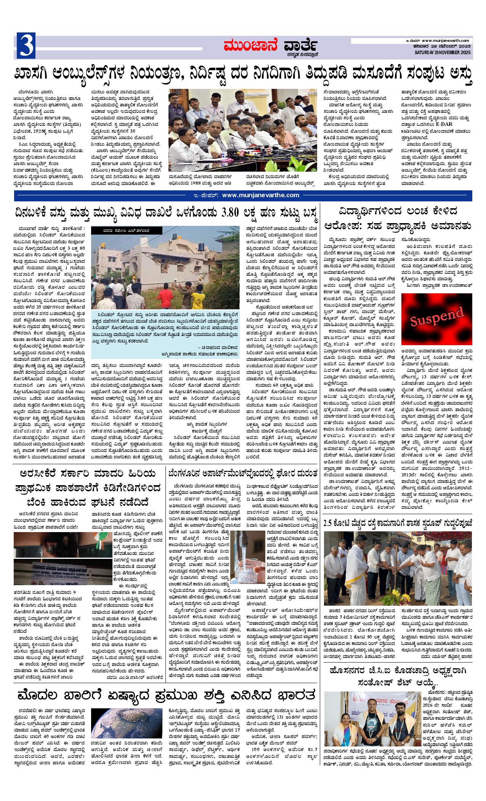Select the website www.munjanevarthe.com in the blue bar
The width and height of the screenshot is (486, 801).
click(260, 195)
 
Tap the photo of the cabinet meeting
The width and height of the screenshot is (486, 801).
click(242, 131)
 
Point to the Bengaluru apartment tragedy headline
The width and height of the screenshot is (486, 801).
click(243, 473)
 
